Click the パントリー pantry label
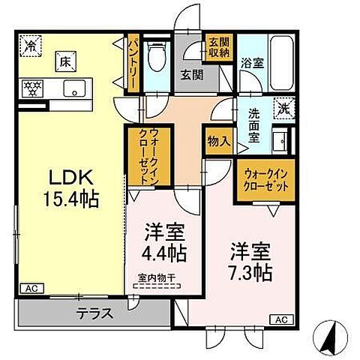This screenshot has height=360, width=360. click(x=130, y=64)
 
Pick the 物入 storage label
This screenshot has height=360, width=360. click(x=218, y=141)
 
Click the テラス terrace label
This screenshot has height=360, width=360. click(x=94, y=313)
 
